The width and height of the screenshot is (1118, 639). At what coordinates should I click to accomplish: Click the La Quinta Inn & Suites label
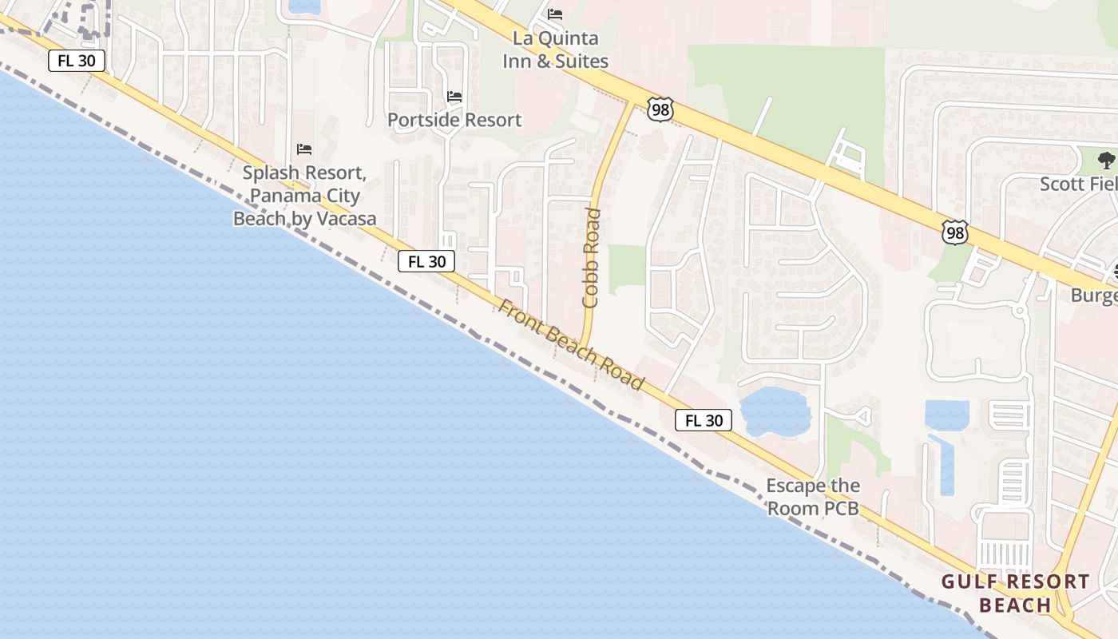[x=555, y=50]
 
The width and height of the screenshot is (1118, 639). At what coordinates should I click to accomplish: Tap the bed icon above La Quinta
[x=555, y=14]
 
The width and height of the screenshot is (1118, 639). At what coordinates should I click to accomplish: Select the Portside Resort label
[x=454, y=120]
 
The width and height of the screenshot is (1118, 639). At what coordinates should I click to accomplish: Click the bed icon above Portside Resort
[x=454, y=97]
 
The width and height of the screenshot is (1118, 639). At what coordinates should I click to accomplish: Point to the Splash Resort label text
[x=304, y=195]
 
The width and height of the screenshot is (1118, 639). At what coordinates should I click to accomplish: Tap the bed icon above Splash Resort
[x=304, y=149]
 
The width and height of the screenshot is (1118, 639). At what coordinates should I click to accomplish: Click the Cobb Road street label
[x=591, y=257]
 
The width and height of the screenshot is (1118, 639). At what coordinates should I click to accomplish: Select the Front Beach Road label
[x=571, y=344]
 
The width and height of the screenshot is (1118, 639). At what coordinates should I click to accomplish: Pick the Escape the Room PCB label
[x=813, y=496]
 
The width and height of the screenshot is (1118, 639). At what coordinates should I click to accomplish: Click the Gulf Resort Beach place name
[x=1015, y=593]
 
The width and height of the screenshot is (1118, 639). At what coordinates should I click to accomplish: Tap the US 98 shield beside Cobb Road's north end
[x=660, y=109]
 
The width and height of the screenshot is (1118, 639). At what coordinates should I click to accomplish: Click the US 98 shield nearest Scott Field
[x=954, y=232]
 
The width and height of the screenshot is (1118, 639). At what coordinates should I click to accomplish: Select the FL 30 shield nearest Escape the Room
[x=704, y=420]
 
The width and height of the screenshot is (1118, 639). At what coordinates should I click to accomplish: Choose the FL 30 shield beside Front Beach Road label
[x=426, y=261]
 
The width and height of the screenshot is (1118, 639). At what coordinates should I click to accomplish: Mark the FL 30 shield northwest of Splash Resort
[x=77, y=61]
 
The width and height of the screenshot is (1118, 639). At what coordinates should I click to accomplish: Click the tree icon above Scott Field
[x=1106, y=160]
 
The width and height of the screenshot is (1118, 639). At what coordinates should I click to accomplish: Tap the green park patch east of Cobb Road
[x=627, y=265]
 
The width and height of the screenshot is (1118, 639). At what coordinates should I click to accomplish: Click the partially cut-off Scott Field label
[x=1078, y=185]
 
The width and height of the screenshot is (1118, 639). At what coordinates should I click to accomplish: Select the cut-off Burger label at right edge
[x=1094, y=296]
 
